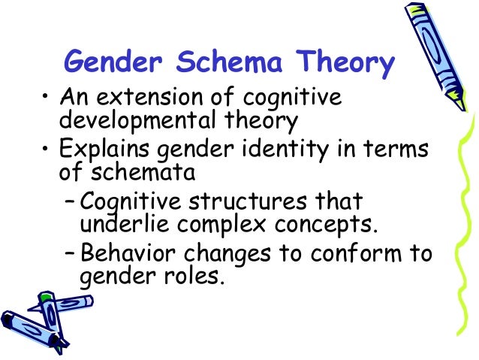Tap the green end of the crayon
(45, 299)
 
